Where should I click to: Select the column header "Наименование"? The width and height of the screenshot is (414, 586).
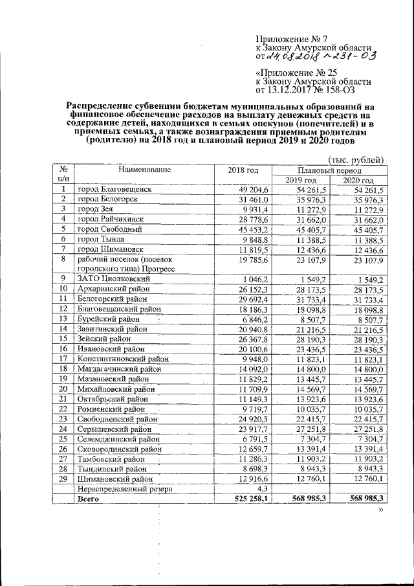[144, 170]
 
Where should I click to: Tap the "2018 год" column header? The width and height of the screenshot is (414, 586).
[243, 170]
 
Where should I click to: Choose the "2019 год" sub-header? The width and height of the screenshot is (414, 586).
[301, 180]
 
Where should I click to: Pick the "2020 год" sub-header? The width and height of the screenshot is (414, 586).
[358, 180]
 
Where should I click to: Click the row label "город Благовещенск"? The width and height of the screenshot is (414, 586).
[114, 190]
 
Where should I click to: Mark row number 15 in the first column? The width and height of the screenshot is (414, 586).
[63, 339]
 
